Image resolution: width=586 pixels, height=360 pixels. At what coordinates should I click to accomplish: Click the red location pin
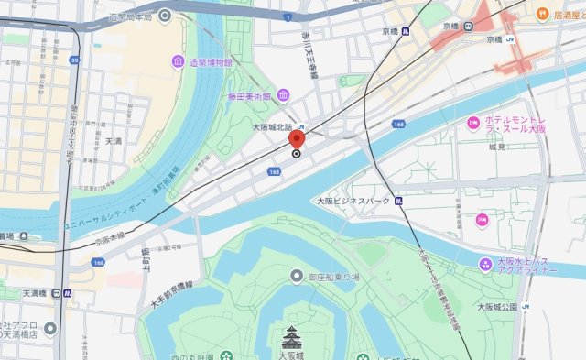click(x=296, y=140)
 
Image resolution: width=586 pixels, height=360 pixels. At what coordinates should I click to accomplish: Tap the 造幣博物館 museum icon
click(x=177, y=61)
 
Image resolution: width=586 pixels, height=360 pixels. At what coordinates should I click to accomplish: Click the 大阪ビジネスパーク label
click(x=353, y=200)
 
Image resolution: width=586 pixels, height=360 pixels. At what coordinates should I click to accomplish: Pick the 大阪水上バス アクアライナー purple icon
click(x=486, y=265)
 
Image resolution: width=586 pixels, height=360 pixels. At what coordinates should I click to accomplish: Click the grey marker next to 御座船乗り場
click(x=297, y=276)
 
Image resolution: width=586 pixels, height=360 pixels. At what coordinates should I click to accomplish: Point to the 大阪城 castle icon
click(x=292, y=336)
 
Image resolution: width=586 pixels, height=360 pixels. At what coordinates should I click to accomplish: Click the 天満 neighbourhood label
click(x=114, y=141)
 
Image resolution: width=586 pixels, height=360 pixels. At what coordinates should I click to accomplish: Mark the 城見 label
click(x=497, y=147)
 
